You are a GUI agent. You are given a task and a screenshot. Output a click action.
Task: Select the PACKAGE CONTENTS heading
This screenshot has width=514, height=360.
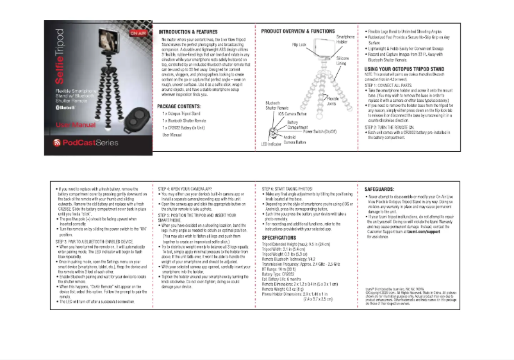tap(182, 106)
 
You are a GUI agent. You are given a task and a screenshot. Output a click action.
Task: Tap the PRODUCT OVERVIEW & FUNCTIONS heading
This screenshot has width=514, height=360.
tap(298, 31)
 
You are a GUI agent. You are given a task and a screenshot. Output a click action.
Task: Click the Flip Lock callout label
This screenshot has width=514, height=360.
tap(299, 45)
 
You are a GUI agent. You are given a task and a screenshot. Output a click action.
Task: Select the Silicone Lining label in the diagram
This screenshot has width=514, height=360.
tap(342, 61)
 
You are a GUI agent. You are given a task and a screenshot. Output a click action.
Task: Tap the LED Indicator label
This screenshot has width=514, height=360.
tap(272, 144)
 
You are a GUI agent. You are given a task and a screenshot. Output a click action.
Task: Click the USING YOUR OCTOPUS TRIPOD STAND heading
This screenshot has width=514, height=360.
tap(404, 69)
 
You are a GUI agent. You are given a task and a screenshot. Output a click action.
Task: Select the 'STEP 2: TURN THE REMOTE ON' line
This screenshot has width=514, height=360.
tap(395, 127)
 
